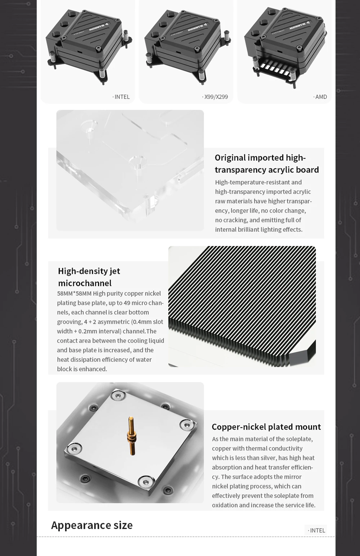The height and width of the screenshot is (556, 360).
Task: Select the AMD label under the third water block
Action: [320, 97]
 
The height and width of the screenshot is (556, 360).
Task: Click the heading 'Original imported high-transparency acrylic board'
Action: [267, 164]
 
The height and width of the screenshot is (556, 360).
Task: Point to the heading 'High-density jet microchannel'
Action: [89, 277]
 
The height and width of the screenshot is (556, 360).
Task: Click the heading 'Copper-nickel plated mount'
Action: [266, 427]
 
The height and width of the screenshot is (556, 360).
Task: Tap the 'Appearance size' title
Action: [92, 525]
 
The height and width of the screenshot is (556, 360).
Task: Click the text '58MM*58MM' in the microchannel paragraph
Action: [74, 293]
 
